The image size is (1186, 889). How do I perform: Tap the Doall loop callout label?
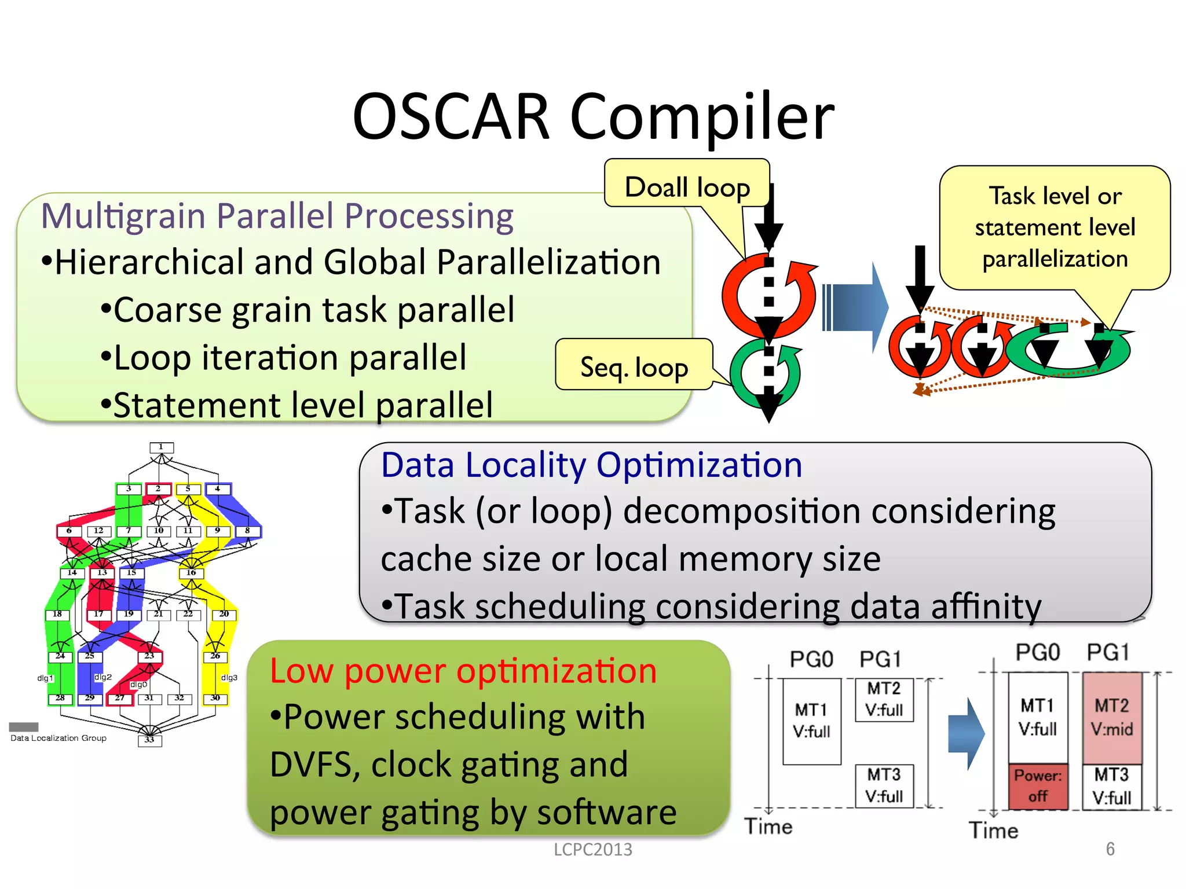687,187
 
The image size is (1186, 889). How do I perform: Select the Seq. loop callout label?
634,367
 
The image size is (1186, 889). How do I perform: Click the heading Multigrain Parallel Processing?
277,216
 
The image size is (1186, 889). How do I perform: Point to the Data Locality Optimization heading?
591,465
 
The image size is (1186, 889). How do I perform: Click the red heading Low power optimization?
463,671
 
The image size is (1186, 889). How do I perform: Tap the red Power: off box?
1037,786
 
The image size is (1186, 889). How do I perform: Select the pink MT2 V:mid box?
1111,717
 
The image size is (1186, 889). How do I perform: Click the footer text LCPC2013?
592,849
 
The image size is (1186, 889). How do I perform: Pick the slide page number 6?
1110,848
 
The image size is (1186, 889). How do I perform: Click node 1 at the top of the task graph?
162,447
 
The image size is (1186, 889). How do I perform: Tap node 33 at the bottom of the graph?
149,740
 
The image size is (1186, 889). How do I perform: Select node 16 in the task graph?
191,573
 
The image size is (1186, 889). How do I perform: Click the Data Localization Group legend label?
58,738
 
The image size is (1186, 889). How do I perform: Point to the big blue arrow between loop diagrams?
856,307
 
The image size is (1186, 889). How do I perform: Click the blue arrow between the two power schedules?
965,733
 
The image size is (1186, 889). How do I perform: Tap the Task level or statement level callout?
1054,227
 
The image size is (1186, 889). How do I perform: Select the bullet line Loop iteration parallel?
290,358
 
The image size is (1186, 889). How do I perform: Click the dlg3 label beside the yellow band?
229,677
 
